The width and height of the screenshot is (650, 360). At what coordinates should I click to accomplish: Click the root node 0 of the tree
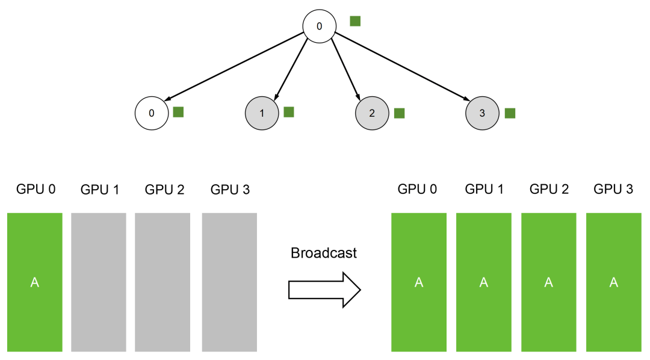tap(319, 26)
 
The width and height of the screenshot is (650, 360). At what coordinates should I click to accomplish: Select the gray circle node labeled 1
tap(262, 113)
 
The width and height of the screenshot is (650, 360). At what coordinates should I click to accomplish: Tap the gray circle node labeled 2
tap(373, 113)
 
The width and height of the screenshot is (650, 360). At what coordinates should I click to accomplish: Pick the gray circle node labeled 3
tap(483, 113)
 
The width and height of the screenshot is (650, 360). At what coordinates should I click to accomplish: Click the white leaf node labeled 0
tap(152, 113)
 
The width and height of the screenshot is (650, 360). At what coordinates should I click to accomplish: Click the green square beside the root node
tap(355, 21)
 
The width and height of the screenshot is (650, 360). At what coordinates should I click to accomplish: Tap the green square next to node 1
tap(289, 112)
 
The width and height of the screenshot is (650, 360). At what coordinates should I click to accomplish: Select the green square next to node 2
tap(399, 113)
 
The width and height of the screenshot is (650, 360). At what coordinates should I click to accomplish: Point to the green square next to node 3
tap(510, 113)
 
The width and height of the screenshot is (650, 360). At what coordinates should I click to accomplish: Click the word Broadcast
tap(324, 253)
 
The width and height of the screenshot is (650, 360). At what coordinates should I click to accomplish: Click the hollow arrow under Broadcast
tap(324, 290)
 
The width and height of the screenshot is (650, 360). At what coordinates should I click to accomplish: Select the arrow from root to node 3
tap(402, 66)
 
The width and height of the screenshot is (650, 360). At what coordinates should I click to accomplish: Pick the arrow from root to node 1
tap(291, 69)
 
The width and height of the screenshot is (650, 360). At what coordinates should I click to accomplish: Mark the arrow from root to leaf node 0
tap(234, 66)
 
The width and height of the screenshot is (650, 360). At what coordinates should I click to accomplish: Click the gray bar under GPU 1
tap(99, 282)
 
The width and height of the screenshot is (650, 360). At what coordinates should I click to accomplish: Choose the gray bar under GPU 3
tap(230, 282)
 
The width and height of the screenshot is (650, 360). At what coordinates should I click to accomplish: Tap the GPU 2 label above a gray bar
tap(164, 190)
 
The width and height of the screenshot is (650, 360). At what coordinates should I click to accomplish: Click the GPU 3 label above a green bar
tap(613, 189)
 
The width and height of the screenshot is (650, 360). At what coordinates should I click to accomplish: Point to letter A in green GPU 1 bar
tap(484, 282)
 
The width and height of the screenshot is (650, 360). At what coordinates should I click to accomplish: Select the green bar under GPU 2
tap(549, 282)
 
